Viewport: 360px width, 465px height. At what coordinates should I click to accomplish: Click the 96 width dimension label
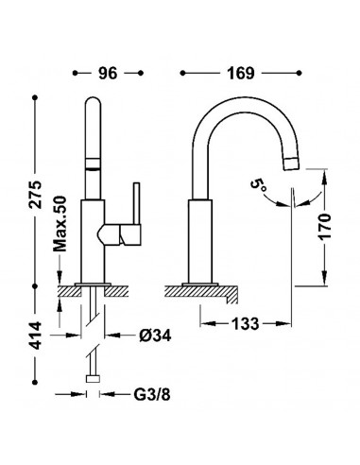tap(108, 73)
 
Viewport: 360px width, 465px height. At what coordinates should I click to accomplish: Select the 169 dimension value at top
tap(241, 73)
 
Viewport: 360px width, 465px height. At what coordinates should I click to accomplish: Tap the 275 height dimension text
tap(35, 194)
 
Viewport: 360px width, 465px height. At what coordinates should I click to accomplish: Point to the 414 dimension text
tap(35, 336)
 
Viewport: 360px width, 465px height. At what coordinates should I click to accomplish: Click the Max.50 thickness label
tap(60, 224)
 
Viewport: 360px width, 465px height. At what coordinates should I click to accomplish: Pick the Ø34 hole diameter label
tap(155, 336)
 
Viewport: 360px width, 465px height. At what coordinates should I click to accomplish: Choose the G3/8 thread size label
tap(152, 394)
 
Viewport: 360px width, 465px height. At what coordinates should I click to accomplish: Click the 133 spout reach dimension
tap(246, 323)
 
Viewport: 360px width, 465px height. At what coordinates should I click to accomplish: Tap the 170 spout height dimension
tap(325, 227)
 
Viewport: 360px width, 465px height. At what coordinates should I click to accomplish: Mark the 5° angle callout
tap(259, 186)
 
